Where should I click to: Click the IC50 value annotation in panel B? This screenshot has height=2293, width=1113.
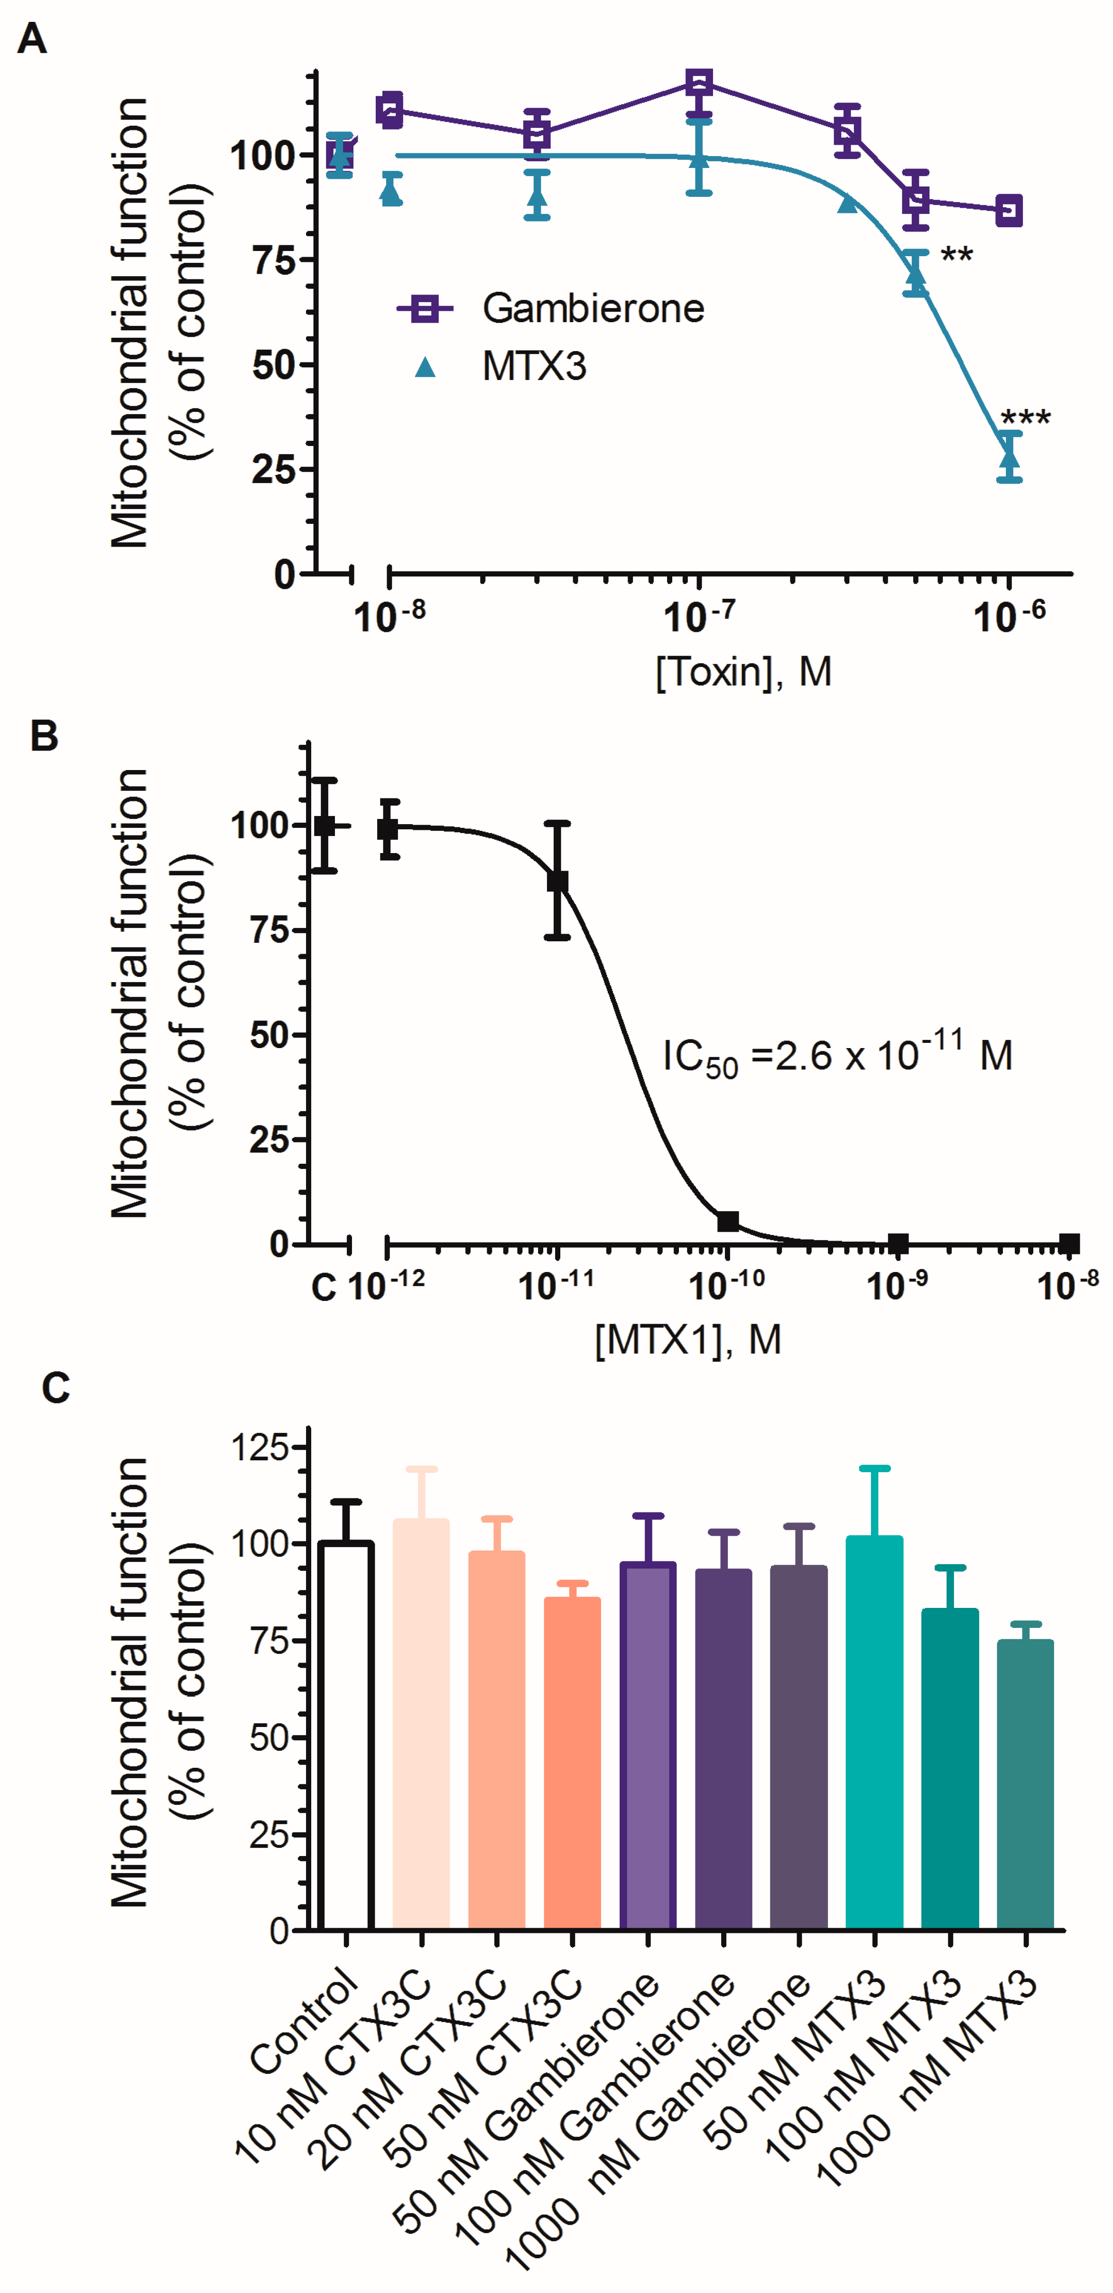point(837,1057)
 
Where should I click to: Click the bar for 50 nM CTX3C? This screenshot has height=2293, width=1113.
point(572,1763)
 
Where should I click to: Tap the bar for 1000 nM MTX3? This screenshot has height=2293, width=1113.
point(1025,1785)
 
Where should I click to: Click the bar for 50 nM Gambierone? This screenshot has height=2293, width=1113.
point(647,1745)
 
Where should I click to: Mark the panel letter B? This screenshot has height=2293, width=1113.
point(45,737)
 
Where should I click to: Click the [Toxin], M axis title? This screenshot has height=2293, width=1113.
point(743,672)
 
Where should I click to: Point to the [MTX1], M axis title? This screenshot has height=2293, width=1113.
point(688,1340)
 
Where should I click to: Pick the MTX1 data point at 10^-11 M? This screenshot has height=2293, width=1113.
point(557,881)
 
